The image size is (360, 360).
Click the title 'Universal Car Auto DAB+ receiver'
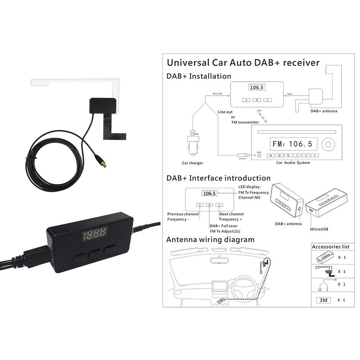click(x=243, y=63)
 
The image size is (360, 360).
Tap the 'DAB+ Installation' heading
click(x=199, y=76)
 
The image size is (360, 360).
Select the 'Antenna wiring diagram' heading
click(x=210, y=240)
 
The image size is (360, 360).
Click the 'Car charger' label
click(x=192, y=163)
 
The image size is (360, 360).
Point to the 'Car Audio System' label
click(x=293, y=163)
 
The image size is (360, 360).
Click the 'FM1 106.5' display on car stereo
click(x=292, y=144)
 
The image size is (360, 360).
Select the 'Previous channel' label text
click(x=183, y=214)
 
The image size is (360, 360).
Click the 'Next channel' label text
click(x=231, y=214)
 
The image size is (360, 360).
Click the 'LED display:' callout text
click(x=250, y=187)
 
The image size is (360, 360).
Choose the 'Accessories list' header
click(x=330, y=247)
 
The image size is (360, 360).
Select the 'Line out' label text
click(x=225, y=112)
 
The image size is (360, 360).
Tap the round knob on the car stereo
click(x=328, y=145)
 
